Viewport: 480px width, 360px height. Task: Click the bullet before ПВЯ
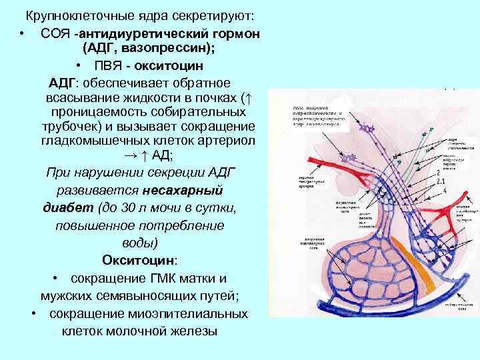tap(79, 66)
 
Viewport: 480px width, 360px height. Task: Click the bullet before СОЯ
tap(23, 33)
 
